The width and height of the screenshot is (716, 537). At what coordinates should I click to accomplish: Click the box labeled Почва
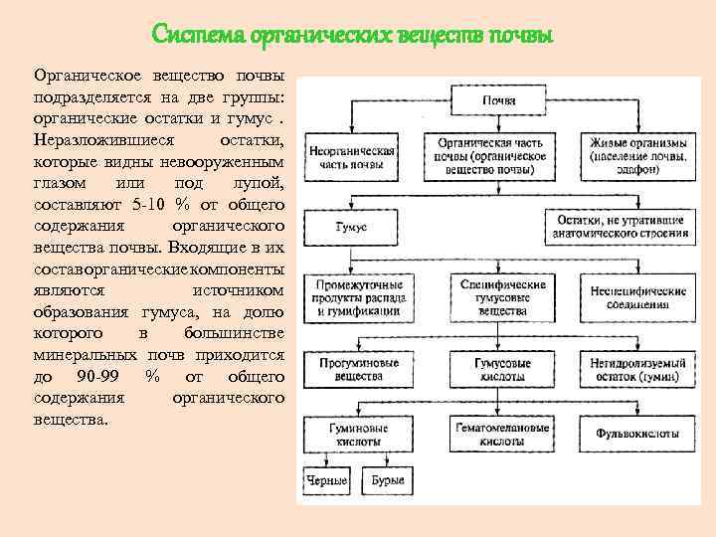tap(498, 100)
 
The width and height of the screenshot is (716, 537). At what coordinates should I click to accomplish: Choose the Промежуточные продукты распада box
tap(355, 297)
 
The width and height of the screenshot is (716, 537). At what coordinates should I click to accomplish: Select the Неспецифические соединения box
tap(638, 297)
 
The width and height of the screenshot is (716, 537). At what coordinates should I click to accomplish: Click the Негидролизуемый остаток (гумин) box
tap(637, 370)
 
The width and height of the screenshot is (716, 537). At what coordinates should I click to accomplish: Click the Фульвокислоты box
tap(637, 434)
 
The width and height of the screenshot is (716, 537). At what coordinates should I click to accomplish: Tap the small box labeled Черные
tap(327, 482)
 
